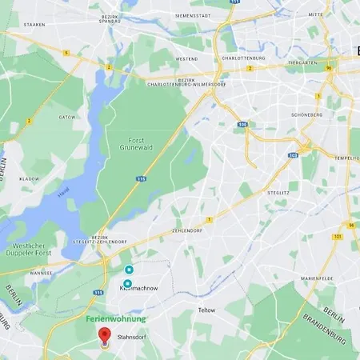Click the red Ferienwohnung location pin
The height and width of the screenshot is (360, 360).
103,337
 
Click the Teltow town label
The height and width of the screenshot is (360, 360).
206,310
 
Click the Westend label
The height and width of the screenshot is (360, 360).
186,58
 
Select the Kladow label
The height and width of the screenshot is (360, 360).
29,179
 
